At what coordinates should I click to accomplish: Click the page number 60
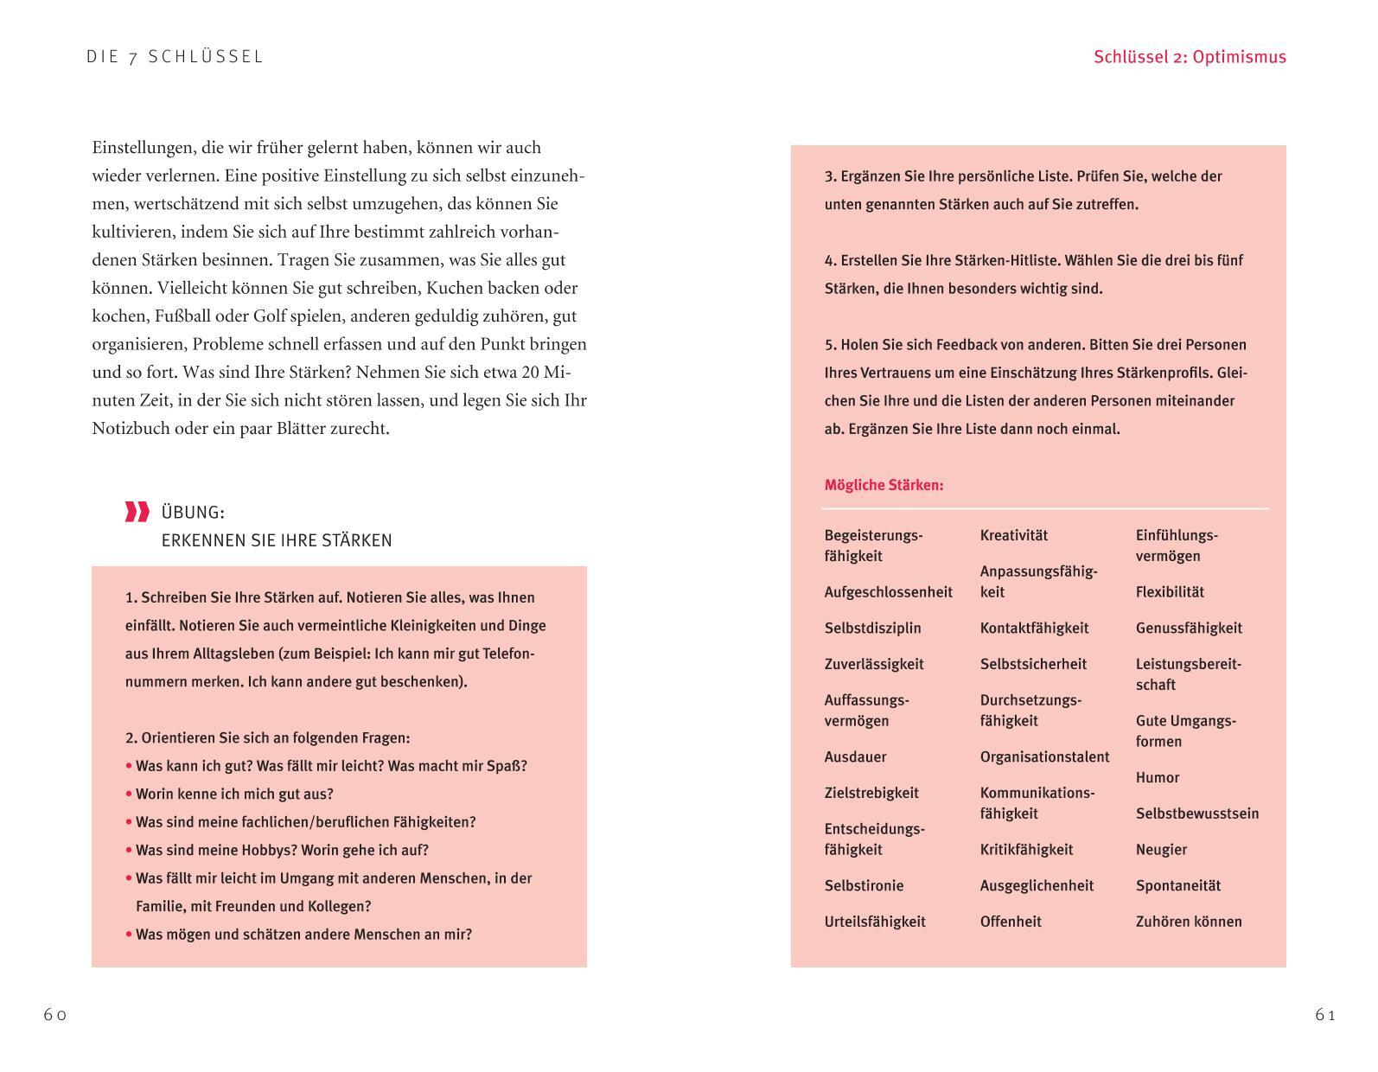pos(55,1015)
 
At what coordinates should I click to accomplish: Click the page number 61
pos(1325,1015)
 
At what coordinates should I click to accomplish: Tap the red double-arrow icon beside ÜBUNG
pos(137,512)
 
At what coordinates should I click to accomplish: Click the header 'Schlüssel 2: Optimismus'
pos(1190,57)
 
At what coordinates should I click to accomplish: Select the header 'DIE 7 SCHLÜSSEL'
pos(175,57)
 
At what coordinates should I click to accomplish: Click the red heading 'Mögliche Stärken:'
pos(884,485)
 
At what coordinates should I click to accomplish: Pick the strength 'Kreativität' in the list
pos(1013,535)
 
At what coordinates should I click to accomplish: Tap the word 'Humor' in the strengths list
pos(1157,777)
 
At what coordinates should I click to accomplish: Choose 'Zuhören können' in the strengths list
pos(1188,922)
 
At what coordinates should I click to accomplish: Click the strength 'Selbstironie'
pos(864,885)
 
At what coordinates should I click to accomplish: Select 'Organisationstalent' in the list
pos(1044,756)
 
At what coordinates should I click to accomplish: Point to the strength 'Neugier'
pos(1161,849)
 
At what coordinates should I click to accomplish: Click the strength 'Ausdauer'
pos(855,756)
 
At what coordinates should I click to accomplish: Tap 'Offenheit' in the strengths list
pos(1011,922)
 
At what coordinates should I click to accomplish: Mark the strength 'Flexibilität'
pos(1170,592)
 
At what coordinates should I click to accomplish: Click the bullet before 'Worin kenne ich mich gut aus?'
pos(129,794)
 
